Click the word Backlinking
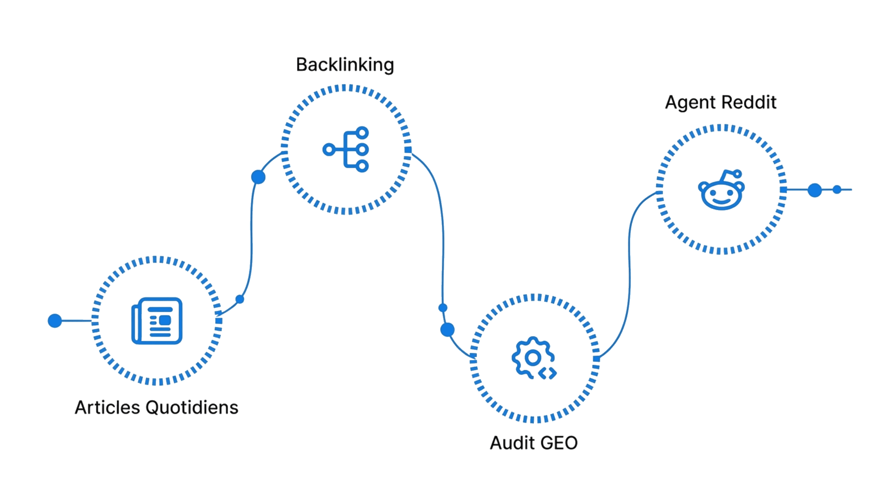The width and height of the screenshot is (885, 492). click(345, 65)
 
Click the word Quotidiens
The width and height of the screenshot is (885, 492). click(192, 407)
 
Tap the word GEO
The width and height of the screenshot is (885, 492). click(559, 443)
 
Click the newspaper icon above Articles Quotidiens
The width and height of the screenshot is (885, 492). click(157, 321)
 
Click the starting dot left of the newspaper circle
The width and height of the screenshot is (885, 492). click(55, 321)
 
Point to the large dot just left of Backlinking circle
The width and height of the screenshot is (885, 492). click(258, 177)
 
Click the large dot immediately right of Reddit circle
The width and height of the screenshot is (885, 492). click(814, 190)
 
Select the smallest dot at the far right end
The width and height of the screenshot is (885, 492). click(837, 189)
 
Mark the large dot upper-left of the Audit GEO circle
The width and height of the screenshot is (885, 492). click(447, 330)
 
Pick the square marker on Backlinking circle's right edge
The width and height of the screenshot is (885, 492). click(408, 150)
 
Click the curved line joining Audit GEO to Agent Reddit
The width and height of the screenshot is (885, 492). click(629, 275)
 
